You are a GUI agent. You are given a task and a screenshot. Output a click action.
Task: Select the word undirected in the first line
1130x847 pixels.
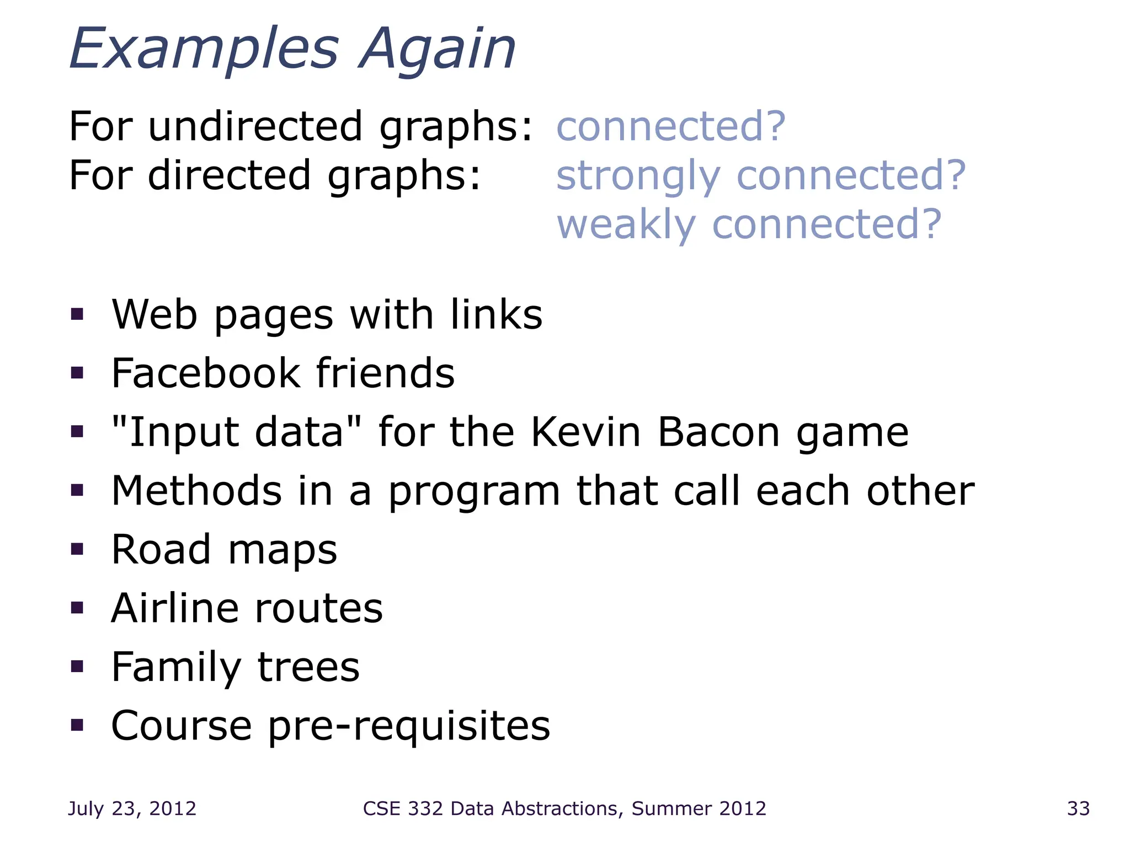(x=255, y=126)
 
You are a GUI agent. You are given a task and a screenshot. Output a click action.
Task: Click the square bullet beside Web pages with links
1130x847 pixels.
(x=77, y=314)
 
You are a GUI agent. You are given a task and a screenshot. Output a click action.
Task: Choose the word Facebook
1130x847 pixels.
(x=206, y=373)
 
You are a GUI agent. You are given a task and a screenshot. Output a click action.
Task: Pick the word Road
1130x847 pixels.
(x=161, y=550)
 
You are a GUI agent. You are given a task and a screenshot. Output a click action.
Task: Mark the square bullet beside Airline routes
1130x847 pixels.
(x=77, y=608)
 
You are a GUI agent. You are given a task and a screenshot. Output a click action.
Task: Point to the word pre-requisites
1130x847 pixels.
(x=409, y=726)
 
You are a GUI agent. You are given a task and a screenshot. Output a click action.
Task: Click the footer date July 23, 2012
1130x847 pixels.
(x=132, y=808)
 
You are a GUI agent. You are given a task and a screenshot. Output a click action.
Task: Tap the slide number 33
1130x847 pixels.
(x=1078, y=808)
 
